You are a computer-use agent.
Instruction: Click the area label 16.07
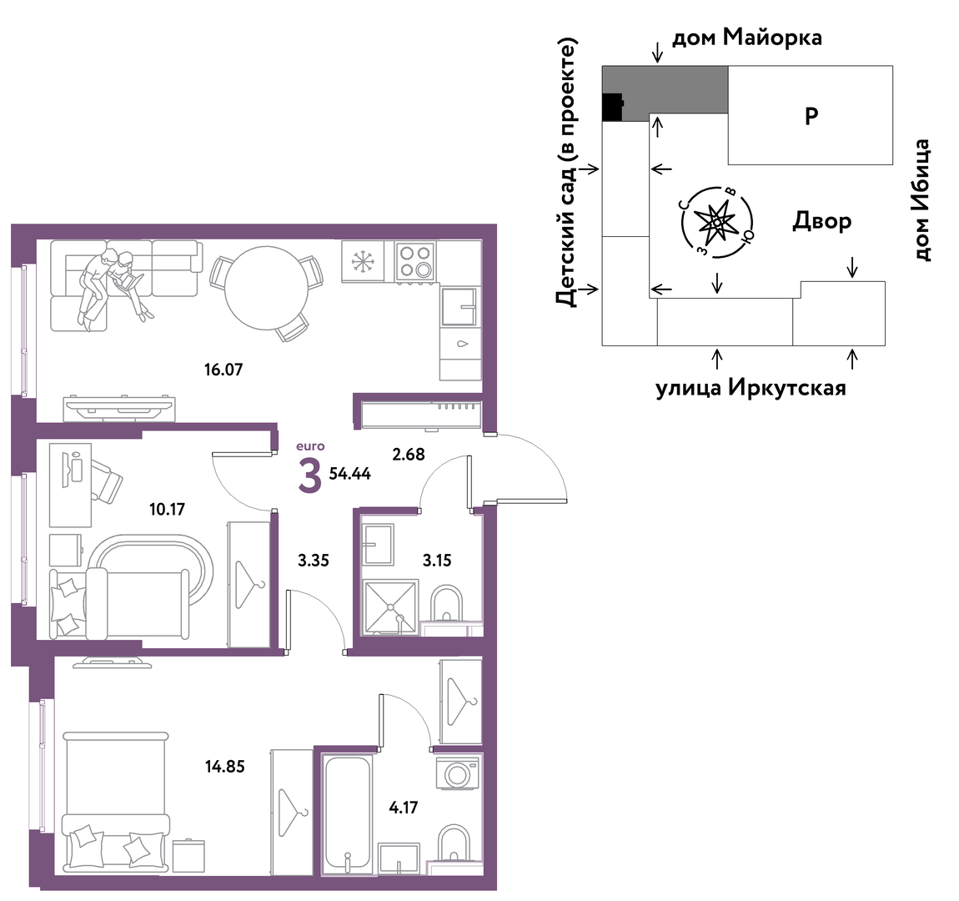tap(223, 370)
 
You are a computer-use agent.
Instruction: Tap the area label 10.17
tap(167, 509)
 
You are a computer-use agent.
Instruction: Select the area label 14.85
tap(225, 766)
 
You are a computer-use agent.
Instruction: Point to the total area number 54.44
tap(350, 474)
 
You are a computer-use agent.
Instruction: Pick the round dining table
tap(266, 288)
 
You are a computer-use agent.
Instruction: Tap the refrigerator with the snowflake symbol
tap(363, 261)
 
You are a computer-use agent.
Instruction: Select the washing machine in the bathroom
tap(457, 773)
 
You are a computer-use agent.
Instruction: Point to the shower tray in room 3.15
tap(389, 607)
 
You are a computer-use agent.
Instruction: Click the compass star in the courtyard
tap(716, 222)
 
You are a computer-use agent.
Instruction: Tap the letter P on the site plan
tap(811, 116)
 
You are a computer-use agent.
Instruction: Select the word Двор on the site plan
tap(822, 221)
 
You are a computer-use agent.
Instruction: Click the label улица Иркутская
tap(751, 388)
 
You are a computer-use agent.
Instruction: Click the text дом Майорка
tap(747, 38)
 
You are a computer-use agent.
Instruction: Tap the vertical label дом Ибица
tap(922, 200)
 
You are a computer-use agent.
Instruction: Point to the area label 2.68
tap(408, 455)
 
